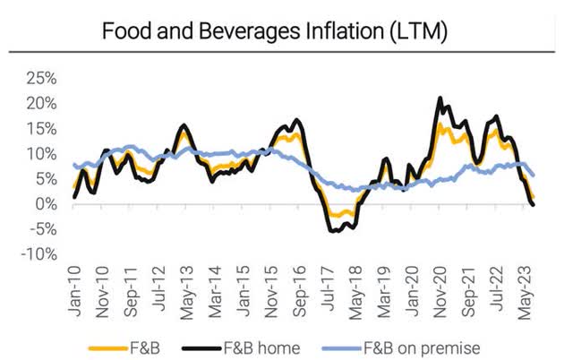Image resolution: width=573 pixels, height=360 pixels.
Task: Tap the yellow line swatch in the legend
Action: coord(103,347)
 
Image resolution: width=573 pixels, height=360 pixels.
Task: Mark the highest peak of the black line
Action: coord(440,98)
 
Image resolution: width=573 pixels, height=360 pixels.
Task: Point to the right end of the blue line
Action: coord(535,176)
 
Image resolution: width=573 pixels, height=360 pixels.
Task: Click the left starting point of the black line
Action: coord(75,196)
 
